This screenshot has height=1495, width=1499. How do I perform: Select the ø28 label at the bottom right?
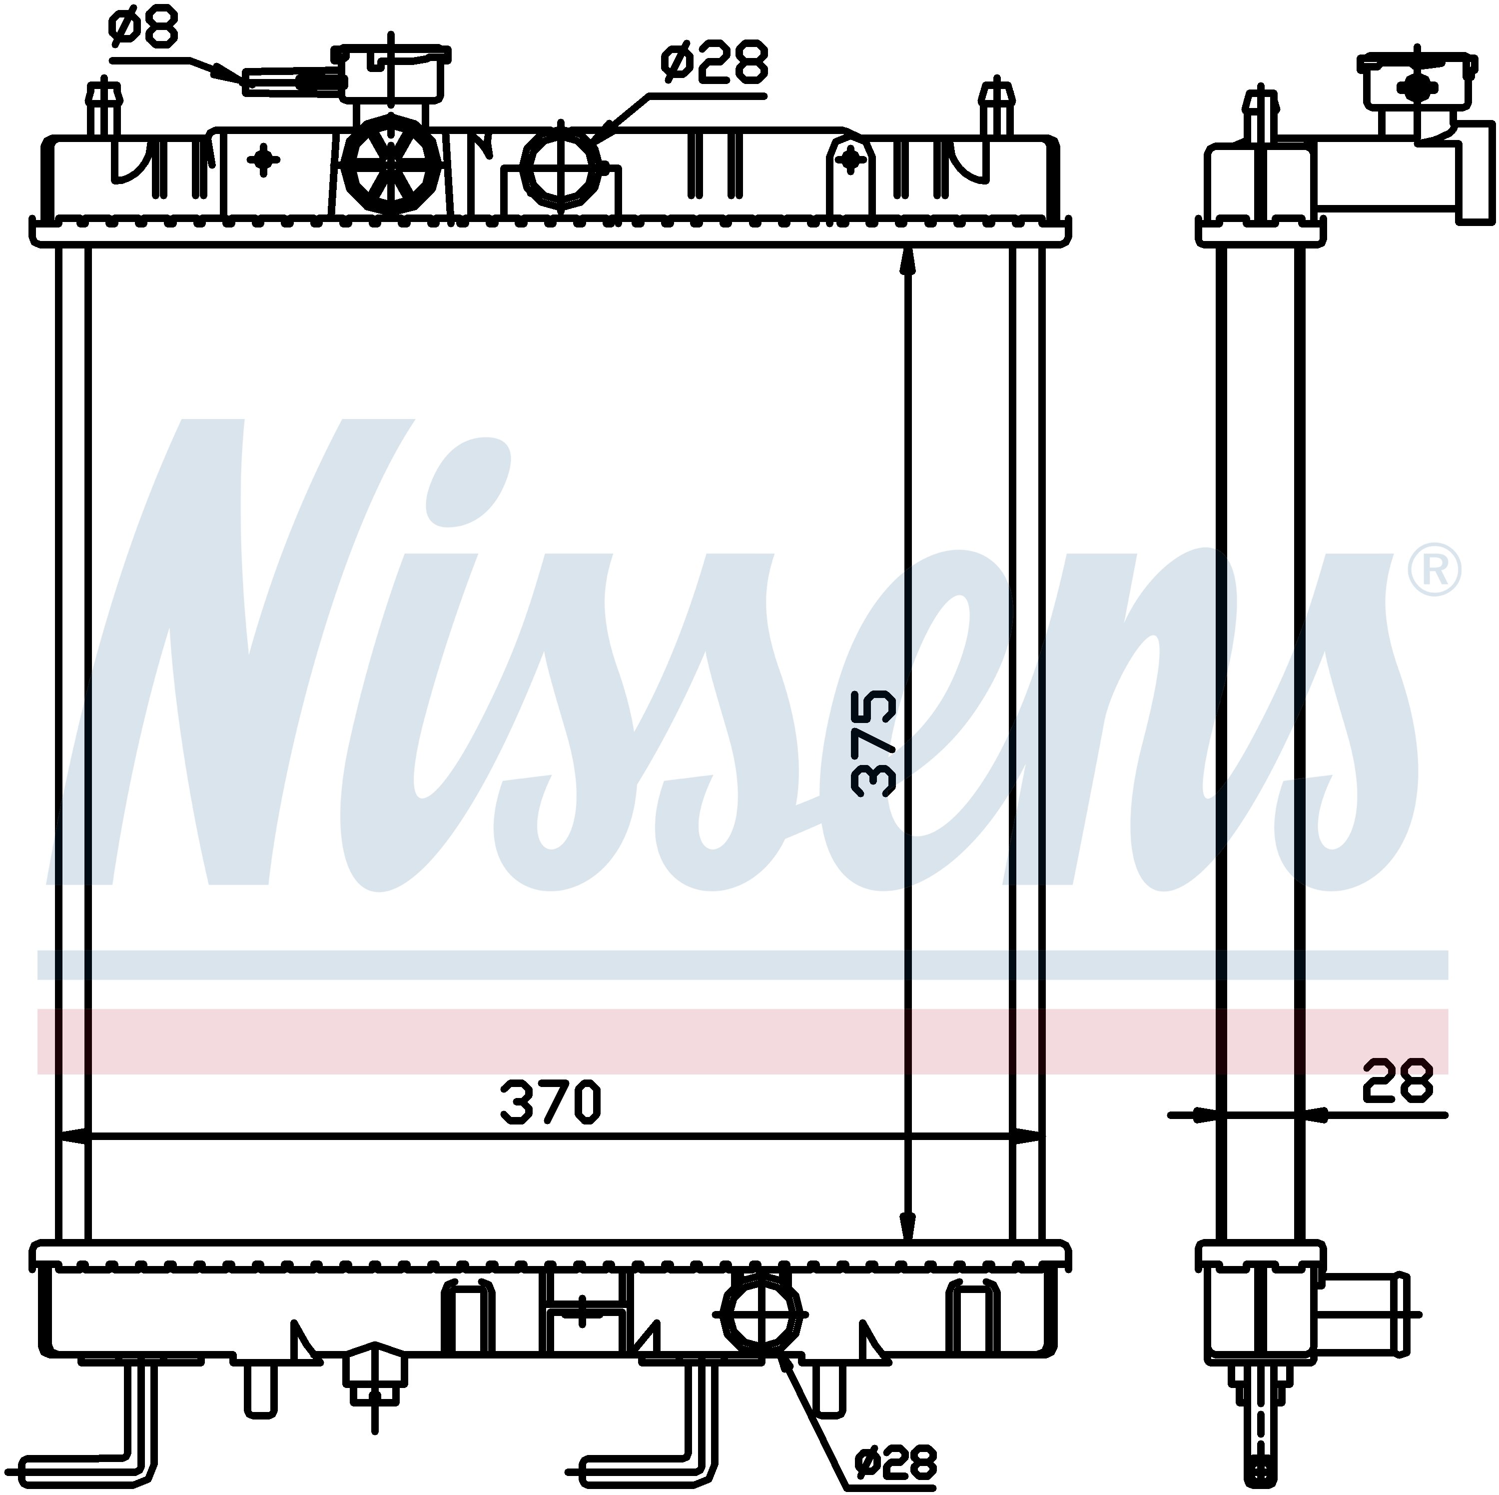895,1464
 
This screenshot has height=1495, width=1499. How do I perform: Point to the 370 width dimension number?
551,1102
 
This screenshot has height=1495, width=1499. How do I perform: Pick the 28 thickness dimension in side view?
1397,1081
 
